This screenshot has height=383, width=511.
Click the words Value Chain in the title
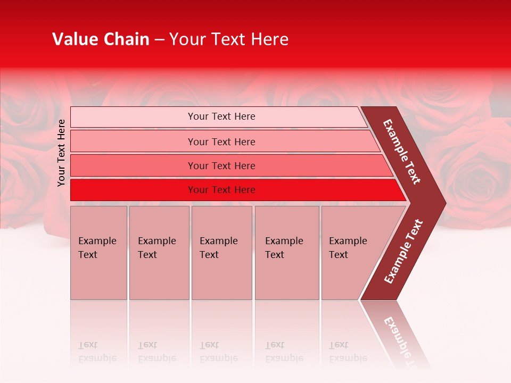(x=101, y=39)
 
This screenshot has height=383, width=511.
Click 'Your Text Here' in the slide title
(x=229, y=39)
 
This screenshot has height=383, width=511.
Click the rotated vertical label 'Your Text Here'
(x=61, y=153)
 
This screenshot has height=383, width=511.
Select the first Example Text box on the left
(x=98, y=253)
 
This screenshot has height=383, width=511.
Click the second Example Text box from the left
(x=159, y=253)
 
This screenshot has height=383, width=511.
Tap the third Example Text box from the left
(x=221, y=253)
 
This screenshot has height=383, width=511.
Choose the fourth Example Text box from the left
(x=286, y=253)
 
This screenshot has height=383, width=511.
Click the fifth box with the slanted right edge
(x=351, y=253)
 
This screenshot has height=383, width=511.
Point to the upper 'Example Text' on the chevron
(x=402, y=152)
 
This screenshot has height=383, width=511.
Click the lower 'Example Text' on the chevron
(x=403, y=251)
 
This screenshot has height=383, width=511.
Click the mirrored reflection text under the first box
(x=97, y=352)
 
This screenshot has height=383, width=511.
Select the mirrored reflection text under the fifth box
(x=348, y=352)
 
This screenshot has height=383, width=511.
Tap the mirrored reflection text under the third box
(x=218, y=352)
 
